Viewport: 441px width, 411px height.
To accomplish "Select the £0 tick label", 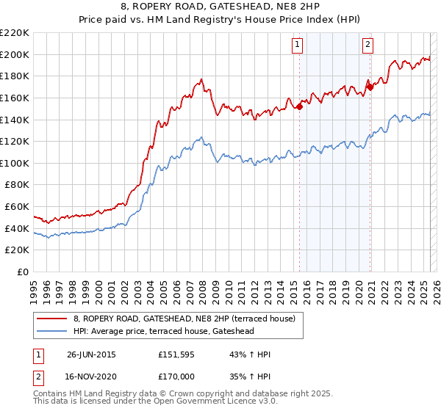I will (x=24, y=272).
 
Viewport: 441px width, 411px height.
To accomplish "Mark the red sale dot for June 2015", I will (x=300, y=106).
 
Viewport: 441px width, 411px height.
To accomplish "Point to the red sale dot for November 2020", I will (x=370, y=87).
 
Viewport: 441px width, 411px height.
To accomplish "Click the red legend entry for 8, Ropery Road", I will (x=184, y=319).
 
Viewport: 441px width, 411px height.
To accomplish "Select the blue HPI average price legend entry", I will (x=173, y=331).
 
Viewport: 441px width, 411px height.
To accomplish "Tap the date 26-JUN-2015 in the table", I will (x=91, y=354).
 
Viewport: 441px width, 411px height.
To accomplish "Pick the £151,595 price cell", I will (x=177, y=354).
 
